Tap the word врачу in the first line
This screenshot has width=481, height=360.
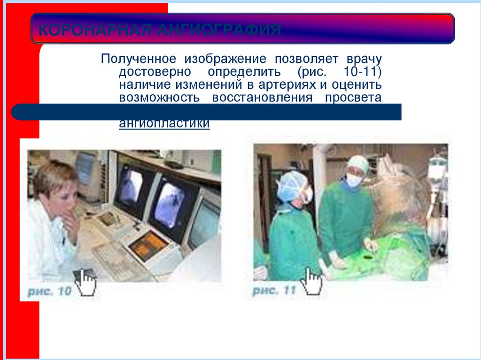[364, 60]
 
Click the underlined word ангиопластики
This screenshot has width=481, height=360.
[164, 124]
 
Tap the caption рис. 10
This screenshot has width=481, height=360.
[49, 291]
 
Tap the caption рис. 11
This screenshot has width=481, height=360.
[274, 291]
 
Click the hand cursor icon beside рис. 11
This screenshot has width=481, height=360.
[312, 281]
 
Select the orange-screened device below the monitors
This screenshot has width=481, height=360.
[147, 244]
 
